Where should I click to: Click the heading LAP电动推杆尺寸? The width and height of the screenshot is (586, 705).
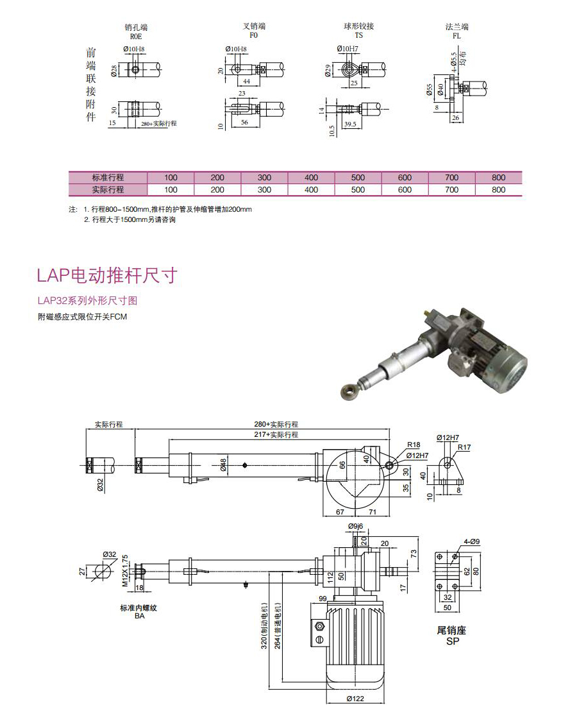coord(106,276)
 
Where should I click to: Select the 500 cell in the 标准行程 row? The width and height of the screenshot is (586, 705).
coord(358,178)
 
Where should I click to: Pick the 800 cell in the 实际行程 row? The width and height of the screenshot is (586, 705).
coord(498,190)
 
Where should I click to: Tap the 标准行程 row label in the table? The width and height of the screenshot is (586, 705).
coord(108,178)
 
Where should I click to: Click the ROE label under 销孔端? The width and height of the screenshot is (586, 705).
coord(135,37)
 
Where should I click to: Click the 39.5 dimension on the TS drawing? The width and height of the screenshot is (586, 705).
coord(349,123)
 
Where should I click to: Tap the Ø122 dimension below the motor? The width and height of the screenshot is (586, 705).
coord(356,699)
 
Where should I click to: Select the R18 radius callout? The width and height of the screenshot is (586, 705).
coord(414,445)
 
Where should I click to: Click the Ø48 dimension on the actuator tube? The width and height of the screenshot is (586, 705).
coord(224,465)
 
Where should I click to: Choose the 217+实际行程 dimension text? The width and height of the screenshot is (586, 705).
coord(275,435)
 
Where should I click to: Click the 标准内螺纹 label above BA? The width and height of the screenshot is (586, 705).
coord(138,607)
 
